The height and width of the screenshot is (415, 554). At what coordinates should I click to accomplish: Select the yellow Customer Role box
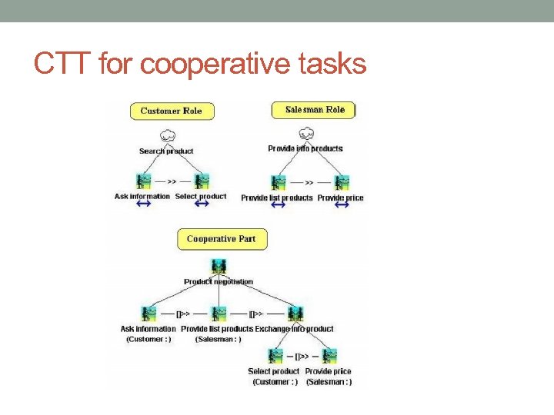171,111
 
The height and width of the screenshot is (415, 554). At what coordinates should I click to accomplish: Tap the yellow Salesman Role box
314,110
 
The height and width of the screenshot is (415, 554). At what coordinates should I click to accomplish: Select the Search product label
166,151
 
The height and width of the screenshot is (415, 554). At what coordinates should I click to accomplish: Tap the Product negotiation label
219,282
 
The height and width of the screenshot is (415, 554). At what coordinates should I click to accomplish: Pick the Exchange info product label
295,329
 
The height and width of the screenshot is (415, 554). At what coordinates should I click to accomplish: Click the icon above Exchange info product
295,314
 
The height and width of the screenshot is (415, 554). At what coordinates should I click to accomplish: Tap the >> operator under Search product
172,183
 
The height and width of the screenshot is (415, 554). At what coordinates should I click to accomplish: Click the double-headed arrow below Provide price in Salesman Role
342,205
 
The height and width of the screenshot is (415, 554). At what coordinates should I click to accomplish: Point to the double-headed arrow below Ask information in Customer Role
144,204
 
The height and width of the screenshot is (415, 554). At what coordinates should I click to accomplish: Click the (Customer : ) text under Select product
273,382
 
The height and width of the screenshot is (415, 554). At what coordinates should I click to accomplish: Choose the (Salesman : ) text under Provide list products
218,339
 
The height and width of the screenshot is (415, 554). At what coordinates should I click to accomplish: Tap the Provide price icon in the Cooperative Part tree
330,356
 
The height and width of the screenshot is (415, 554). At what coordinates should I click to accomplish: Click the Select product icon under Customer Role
202,182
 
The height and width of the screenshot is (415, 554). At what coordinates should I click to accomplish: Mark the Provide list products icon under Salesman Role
278,183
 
